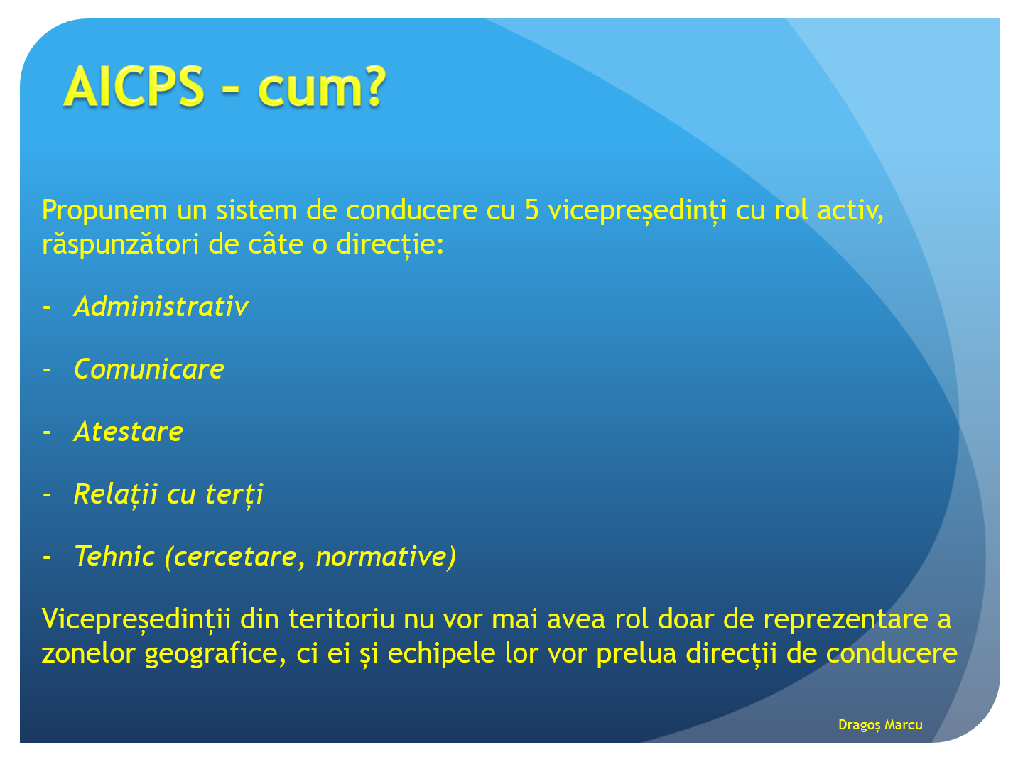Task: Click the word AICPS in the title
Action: tap(134, 86)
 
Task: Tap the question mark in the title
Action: tap(372, 86)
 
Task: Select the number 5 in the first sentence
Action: tap(531, 209)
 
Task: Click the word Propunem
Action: tap(104, 212)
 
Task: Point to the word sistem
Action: tap(256, 210)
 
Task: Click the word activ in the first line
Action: tap(850, 210)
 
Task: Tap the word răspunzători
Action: tap(120, 245)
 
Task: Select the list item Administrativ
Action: tap(161, 306)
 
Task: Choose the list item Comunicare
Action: tap(149, 369)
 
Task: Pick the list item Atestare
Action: tap(129, 432)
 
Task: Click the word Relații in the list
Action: tap(116, 494)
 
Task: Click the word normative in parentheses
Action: tap(381, 557)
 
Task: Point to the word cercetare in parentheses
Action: tap(235, 558)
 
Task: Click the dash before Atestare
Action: tap(46, 432)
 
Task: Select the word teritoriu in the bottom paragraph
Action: tap(341, 619)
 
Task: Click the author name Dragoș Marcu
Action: tap(880, 725)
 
